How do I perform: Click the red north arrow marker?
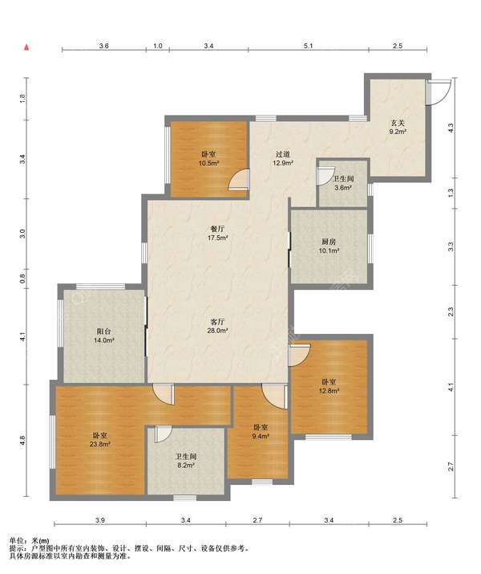26,47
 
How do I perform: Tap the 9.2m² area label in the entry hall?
398,132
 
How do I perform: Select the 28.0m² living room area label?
218,331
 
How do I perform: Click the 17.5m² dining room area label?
218,238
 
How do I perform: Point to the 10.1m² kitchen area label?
329,250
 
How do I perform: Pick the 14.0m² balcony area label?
104,340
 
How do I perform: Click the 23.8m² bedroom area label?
100,445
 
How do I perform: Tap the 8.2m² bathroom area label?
186,466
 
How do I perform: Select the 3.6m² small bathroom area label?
343,188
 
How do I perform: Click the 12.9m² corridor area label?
284,163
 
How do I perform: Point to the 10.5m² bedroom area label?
208,163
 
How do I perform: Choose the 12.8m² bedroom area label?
329,391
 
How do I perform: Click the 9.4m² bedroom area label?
261,436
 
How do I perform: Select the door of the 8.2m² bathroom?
163,434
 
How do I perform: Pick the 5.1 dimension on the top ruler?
309,46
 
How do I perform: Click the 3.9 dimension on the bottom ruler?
100,520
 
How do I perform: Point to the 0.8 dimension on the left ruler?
22,279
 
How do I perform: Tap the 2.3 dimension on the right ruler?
451,312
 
